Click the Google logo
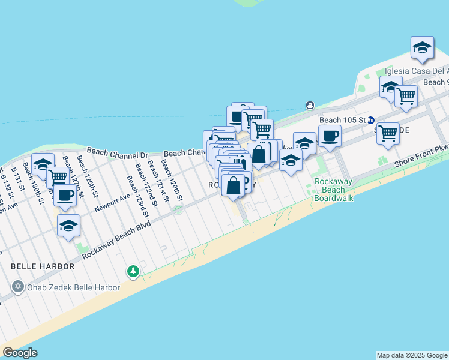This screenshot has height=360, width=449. click(x=20, y=353)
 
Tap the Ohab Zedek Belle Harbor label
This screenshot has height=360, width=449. click(x=74, y=287)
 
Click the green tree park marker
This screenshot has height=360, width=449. click(x=133, y=272)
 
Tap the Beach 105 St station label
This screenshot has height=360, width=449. click(x=342, y=120)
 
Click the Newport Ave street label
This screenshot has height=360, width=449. click(x=112, y=203)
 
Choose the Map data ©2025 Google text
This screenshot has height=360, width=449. click(x=411, y=355)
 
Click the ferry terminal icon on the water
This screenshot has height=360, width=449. click(x=310, y=106)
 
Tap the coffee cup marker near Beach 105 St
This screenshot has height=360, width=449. click(x=329, y=136)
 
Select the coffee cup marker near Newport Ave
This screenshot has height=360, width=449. click(x=65, y=194)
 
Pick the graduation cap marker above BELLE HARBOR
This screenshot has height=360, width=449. click(x=68, y=226)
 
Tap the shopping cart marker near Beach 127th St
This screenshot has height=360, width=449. click(x=58, y=176)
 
